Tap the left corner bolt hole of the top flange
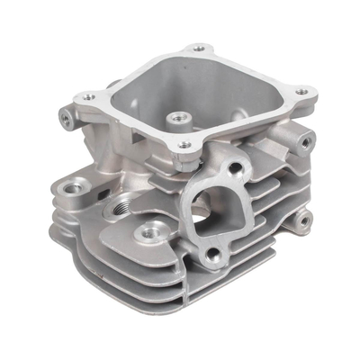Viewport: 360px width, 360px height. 87,96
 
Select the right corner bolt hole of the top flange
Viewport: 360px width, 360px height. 301,91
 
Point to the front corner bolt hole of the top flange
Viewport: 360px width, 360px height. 184,145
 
